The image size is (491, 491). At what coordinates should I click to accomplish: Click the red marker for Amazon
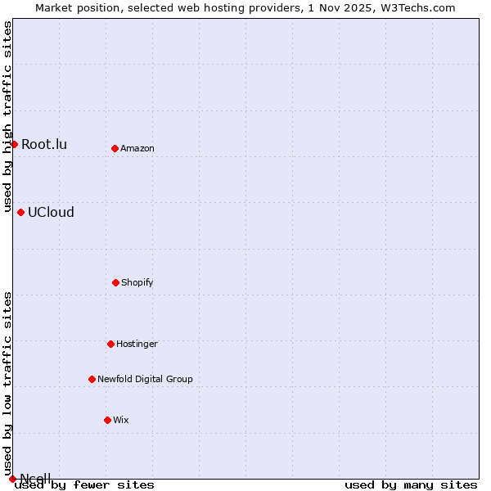coord(115,148)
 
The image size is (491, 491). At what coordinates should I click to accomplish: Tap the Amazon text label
coord(137,148)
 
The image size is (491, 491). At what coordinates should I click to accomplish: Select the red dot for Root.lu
coord(14,144)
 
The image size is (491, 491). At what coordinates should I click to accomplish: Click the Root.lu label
coord(44,145)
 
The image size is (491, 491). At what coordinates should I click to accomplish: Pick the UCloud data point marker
coord(20,212)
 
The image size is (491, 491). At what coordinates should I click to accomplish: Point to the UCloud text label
coord(51,213)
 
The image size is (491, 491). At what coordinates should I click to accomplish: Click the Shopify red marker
coord(115,282)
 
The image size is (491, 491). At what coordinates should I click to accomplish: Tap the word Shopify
coord(137,282)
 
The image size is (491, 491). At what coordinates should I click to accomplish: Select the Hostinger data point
coord(110,344)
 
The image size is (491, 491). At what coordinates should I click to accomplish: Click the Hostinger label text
coord(137,344)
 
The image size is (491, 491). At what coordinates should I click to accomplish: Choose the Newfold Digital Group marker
coord(92,379)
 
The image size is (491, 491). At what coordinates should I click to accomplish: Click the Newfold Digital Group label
coord(145,379)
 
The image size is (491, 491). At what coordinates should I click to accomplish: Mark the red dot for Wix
coord(107,420)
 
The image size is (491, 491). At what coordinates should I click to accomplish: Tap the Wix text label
coord(121,420)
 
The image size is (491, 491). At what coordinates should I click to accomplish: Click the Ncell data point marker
coord(12,479)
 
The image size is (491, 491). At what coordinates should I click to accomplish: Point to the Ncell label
coord(35,478)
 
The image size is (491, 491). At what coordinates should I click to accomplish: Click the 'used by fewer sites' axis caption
coord(84,485)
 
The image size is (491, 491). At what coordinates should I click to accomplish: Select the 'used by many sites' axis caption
coord(411,485)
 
